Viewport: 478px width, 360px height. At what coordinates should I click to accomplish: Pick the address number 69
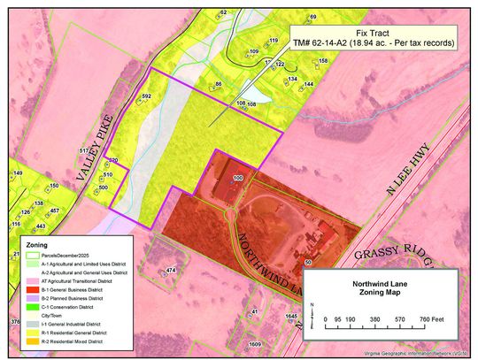coord(312,17)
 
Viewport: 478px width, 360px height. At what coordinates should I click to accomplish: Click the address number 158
coord(323,61)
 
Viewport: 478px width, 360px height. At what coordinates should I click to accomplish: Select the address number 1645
coord(292,315)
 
